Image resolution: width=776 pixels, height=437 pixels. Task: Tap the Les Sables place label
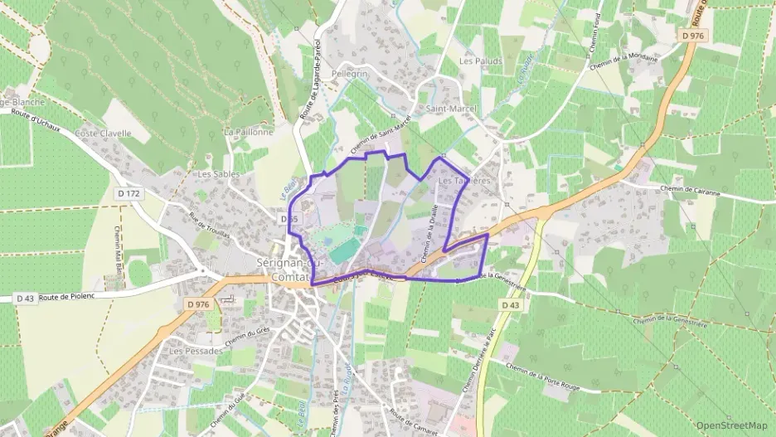tap(218, 174)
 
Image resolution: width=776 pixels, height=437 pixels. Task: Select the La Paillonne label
tap(248, 132)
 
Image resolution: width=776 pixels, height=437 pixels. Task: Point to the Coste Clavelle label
tap(104, 133)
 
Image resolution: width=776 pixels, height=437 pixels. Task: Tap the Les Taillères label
tap(464, 180)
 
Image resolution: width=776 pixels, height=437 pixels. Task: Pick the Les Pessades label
tap(196, 351)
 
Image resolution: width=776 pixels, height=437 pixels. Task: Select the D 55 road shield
tap(289, 219)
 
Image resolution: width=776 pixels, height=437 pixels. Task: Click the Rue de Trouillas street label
tap(210, 225)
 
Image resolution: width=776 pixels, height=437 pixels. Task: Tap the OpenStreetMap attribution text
tap(732, 425)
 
